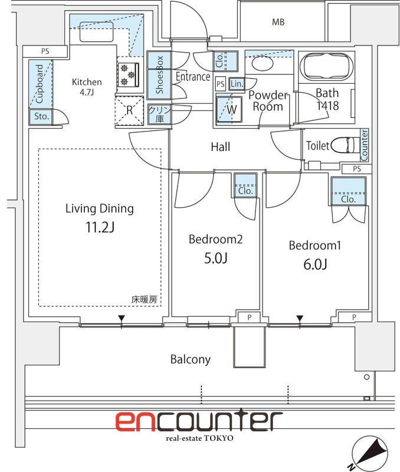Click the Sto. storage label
tap(41, 116)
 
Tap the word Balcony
tap(191, 359)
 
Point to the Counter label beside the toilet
tap(364, 145)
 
